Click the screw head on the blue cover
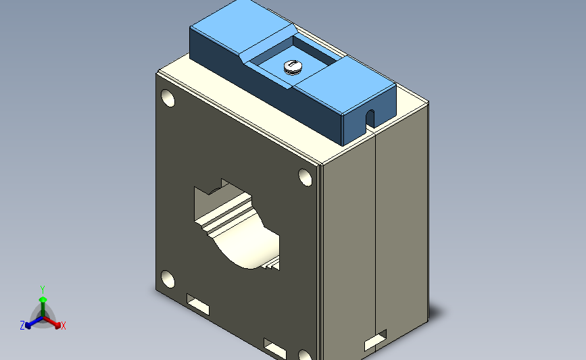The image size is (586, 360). pyautogui.click(x=293, y=66)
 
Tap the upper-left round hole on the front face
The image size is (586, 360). pyautogui.click(x=168, y=99)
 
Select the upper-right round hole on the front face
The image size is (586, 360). pyautogui.click(x=306, y=178)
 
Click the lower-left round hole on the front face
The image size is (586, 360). pyautogui.click(x=167, y=278)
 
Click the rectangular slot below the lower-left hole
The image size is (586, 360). pyautogui.click(x=198, y=305)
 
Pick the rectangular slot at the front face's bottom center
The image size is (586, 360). pyautogui.click(x=275, y=349)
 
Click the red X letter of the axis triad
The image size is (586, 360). pyautogui.click(x=64, y=326)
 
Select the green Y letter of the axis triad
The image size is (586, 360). pyautogui.click(x=43, y=288)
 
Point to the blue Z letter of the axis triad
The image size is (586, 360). pyautogui.click(x=22, y=326)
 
